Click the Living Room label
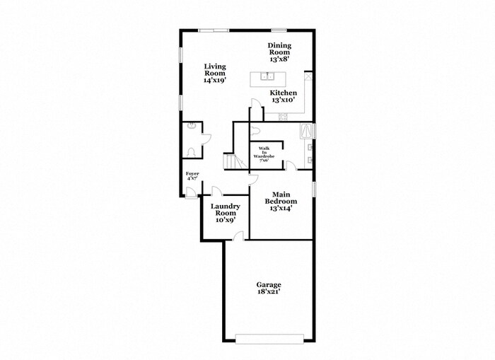(215, 73)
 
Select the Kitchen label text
(283, 96)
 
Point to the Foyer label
(192, 176)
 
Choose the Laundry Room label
(226, 213)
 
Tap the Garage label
(269, 288)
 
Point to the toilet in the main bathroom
(255, 131)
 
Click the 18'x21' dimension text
(269, 291)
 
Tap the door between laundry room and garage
(239, 236)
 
